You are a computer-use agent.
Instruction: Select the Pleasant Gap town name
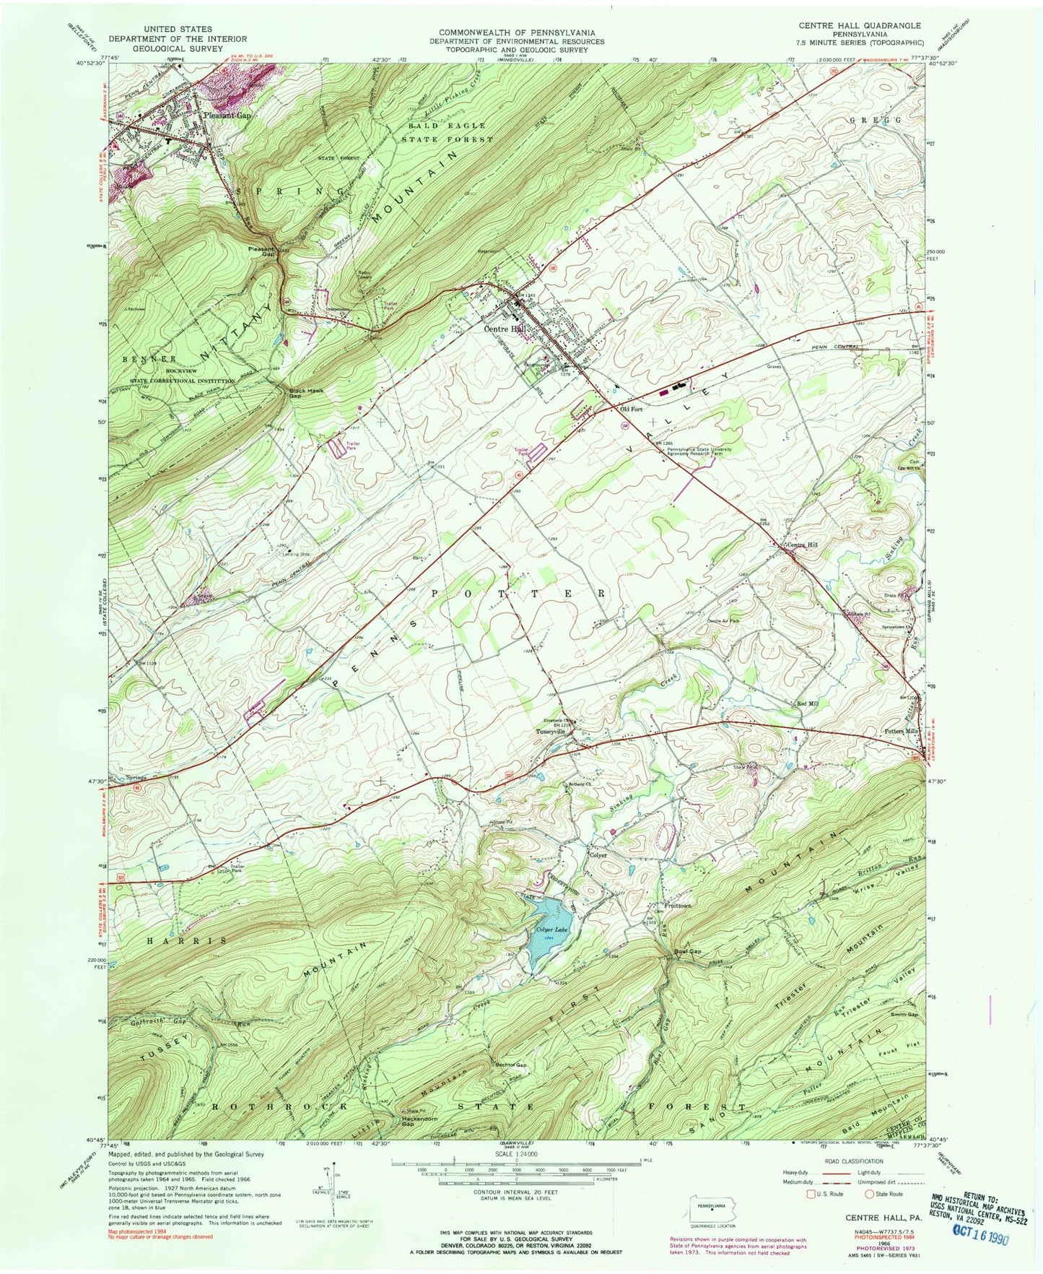227,115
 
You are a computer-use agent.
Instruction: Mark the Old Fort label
631,409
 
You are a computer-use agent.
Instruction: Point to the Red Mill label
808,703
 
